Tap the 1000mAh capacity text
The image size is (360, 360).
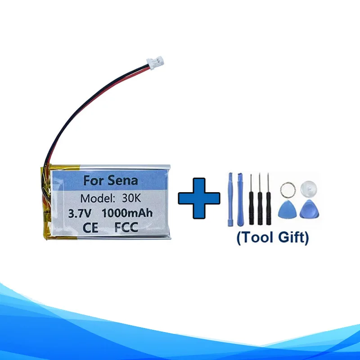(126, 213)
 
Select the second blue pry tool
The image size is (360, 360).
(240, 198)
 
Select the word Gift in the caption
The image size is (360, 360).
(295, 238)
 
